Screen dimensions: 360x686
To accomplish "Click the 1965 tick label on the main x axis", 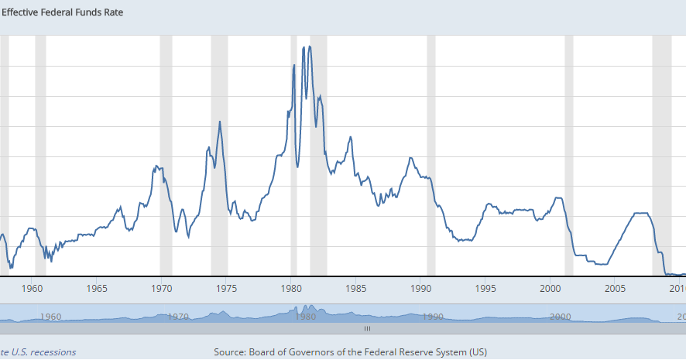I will [97, 290].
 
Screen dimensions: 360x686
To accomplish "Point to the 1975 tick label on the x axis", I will [227, 290].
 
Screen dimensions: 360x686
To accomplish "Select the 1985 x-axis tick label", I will [356, 290].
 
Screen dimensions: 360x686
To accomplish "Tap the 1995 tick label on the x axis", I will [485, 290].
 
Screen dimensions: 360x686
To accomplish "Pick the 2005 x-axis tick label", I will [616, 290].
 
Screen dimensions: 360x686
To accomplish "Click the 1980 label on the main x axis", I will [291, 290].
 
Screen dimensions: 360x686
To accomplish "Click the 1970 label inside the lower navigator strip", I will [178, 317].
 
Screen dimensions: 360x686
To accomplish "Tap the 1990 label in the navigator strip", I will [433, 317].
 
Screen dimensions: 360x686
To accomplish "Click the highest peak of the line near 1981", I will [310, 46].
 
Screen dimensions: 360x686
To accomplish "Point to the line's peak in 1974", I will [220, 122].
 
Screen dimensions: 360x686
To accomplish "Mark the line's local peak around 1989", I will [410, 158].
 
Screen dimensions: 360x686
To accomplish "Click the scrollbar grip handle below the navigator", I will [368, 328].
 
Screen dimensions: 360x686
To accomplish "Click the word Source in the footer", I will [229, 352].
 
